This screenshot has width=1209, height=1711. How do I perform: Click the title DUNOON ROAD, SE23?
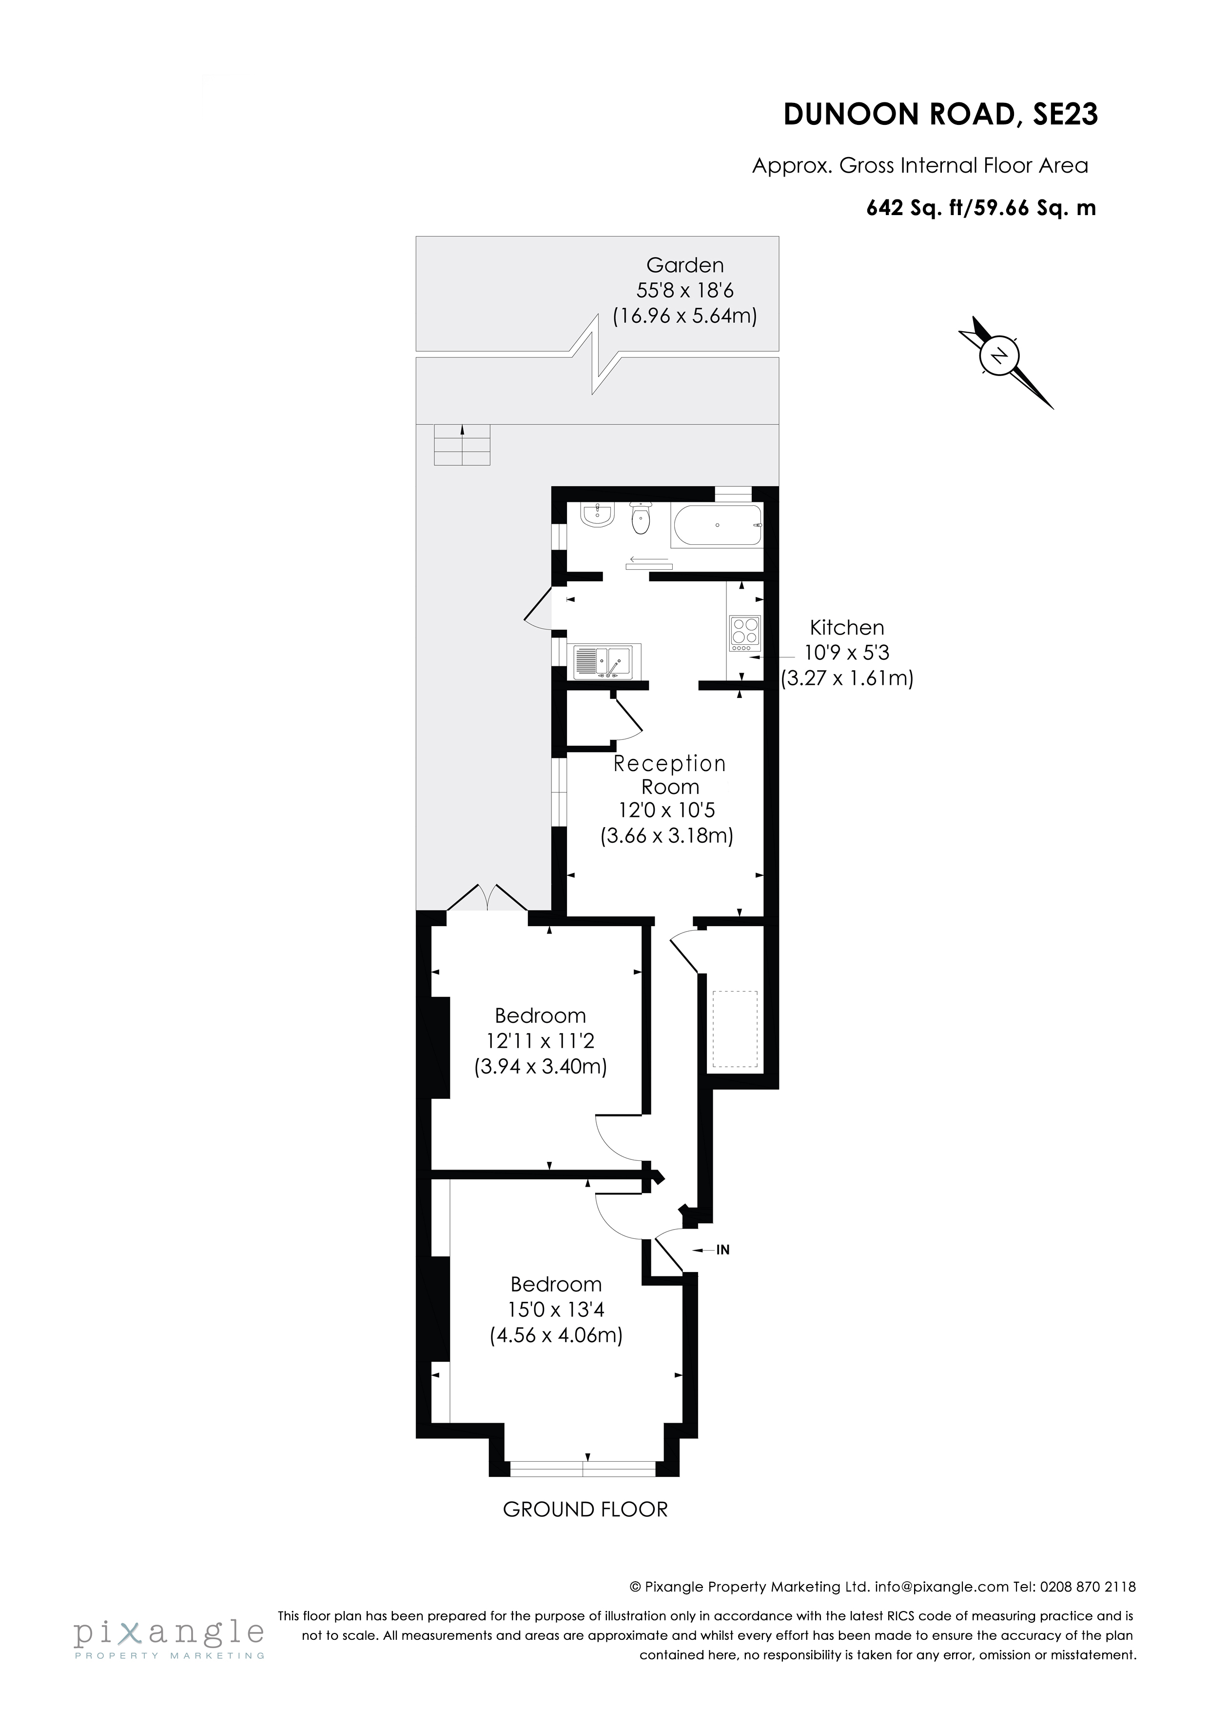pyautogui.click(x=940, y=115)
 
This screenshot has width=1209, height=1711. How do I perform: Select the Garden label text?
pyautogui.click(x=684, y=265)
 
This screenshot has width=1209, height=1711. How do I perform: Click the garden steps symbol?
pyautogui.click(x=463, y=445)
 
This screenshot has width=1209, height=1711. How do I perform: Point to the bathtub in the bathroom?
pyautogui.click(x=717, y=525)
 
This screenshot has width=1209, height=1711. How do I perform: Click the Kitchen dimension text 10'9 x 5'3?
pyautogui.click(x=847, y=653)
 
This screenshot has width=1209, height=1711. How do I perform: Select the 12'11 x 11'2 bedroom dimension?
pyautogui.click(x=540, y=1040)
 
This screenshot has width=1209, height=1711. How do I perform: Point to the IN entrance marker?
pyautogui.click(x=722, y=1250)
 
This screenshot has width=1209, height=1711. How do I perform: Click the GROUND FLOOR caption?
pyautogui.click(x=585, y=1509)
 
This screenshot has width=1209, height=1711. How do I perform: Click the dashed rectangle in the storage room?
pyautogui.click(x=735, y=1028)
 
